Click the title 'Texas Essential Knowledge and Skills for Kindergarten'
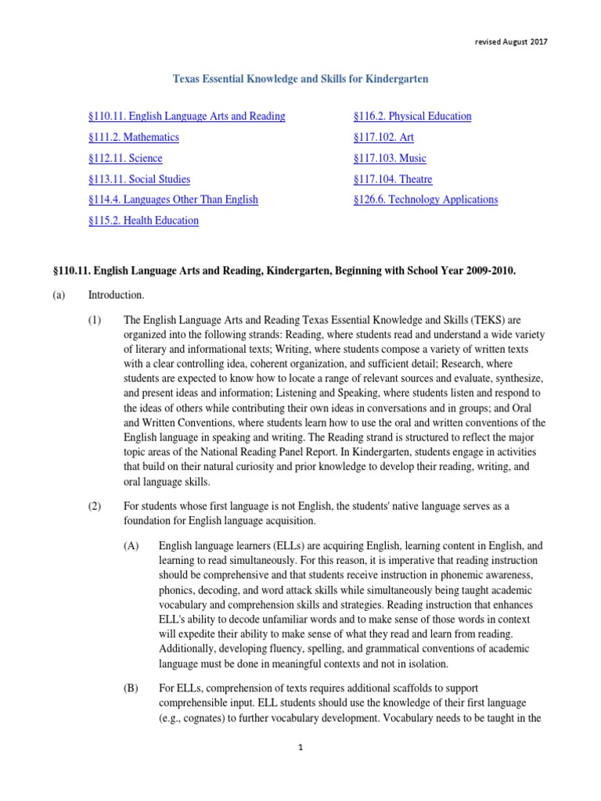tap(300, 79)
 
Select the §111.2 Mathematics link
tap(134, 138)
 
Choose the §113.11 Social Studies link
tap(139, 179)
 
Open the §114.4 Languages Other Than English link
tap(173, 199)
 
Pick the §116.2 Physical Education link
tap(412, 117)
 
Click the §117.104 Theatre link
tap(393, 179)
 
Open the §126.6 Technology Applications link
tap(426, 199)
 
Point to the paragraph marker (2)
tap(95, 506)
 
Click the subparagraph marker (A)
tap(131, 545)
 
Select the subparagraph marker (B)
tap(131, 688)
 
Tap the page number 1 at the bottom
tap(300, 770)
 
